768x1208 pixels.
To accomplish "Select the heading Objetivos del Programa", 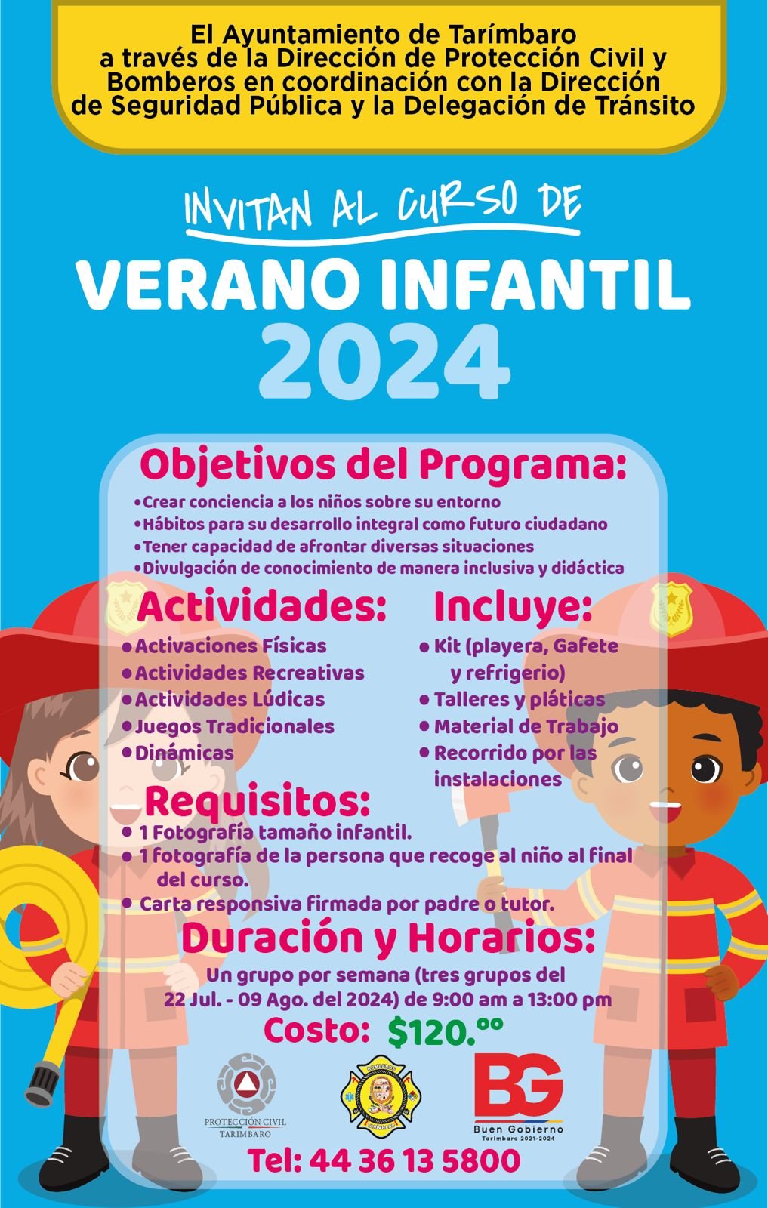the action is tap(383, 467).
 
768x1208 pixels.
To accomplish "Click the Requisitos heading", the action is tap(258, 802).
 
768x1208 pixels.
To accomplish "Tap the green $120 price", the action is tap(445, 1031).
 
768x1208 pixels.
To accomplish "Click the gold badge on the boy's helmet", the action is tap(671, 609).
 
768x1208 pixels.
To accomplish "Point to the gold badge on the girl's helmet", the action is tap(125, 606).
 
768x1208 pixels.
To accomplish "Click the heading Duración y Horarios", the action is tap(388, 939).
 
